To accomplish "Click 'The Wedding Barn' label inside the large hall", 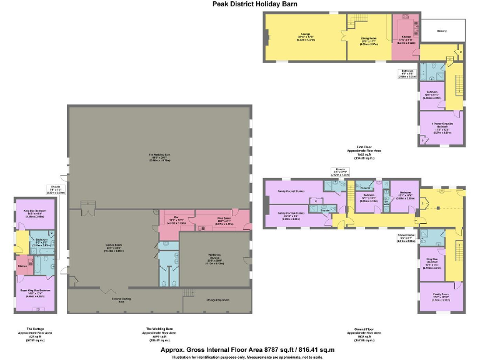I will (x=159, y=156).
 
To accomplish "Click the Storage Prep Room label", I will (x=217, y=301).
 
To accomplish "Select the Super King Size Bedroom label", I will (x=36, y=293).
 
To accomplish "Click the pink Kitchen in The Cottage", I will (x=22, y=266).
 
